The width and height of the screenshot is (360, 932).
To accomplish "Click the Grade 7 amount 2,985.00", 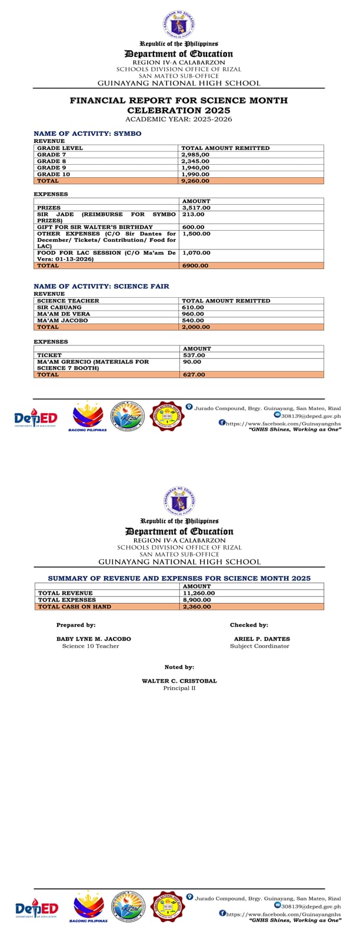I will click(x=195, y=155).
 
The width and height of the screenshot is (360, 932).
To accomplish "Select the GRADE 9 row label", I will click(x=48, y=168).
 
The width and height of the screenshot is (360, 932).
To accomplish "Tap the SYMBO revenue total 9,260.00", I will click(x=195, y=181).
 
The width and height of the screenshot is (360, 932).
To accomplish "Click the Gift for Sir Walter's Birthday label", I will click(x=95, y=227).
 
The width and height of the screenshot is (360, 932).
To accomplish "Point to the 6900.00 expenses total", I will click(x=195, y=265).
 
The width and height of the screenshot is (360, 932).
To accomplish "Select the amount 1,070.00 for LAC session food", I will click(x=196, y=253).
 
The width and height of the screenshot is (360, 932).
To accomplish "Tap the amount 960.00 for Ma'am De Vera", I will click(x=193, y=314).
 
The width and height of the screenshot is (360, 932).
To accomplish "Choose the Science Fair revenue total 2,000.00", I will click(x=195, y=327).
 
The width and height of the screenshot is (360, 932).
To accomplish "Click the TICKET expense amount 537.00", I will click(x=194, y=355).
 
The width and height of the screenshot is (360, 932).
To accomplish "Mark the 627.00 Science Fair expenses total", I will click(x=194, y=374).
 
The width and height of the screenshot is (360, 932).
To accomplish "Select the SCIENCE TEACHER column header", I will click(x=68, y=301).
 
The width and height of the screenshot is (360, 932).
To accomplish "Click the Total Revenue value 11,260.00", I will click(x=199, y=593).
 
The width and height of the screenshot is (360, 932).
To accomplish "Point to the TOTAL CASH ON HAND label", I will click(x=75, y=606).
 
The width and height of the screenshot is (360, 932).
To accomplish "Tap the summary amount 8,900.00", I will click(x=197, y=600).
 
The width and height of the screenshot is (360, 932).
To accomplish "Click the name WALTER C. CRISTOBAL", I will click(x=179, y=681).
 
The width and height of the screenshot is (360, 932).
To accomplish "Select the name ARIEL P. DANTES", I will click(x=262, y=638).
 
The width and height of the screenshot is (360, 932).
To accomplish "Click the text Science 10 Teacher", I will click(x=91, y=646).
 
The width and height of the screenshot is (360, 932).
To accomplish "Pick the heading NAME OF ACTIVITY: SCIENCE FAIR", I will click(x=101, y=286).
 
